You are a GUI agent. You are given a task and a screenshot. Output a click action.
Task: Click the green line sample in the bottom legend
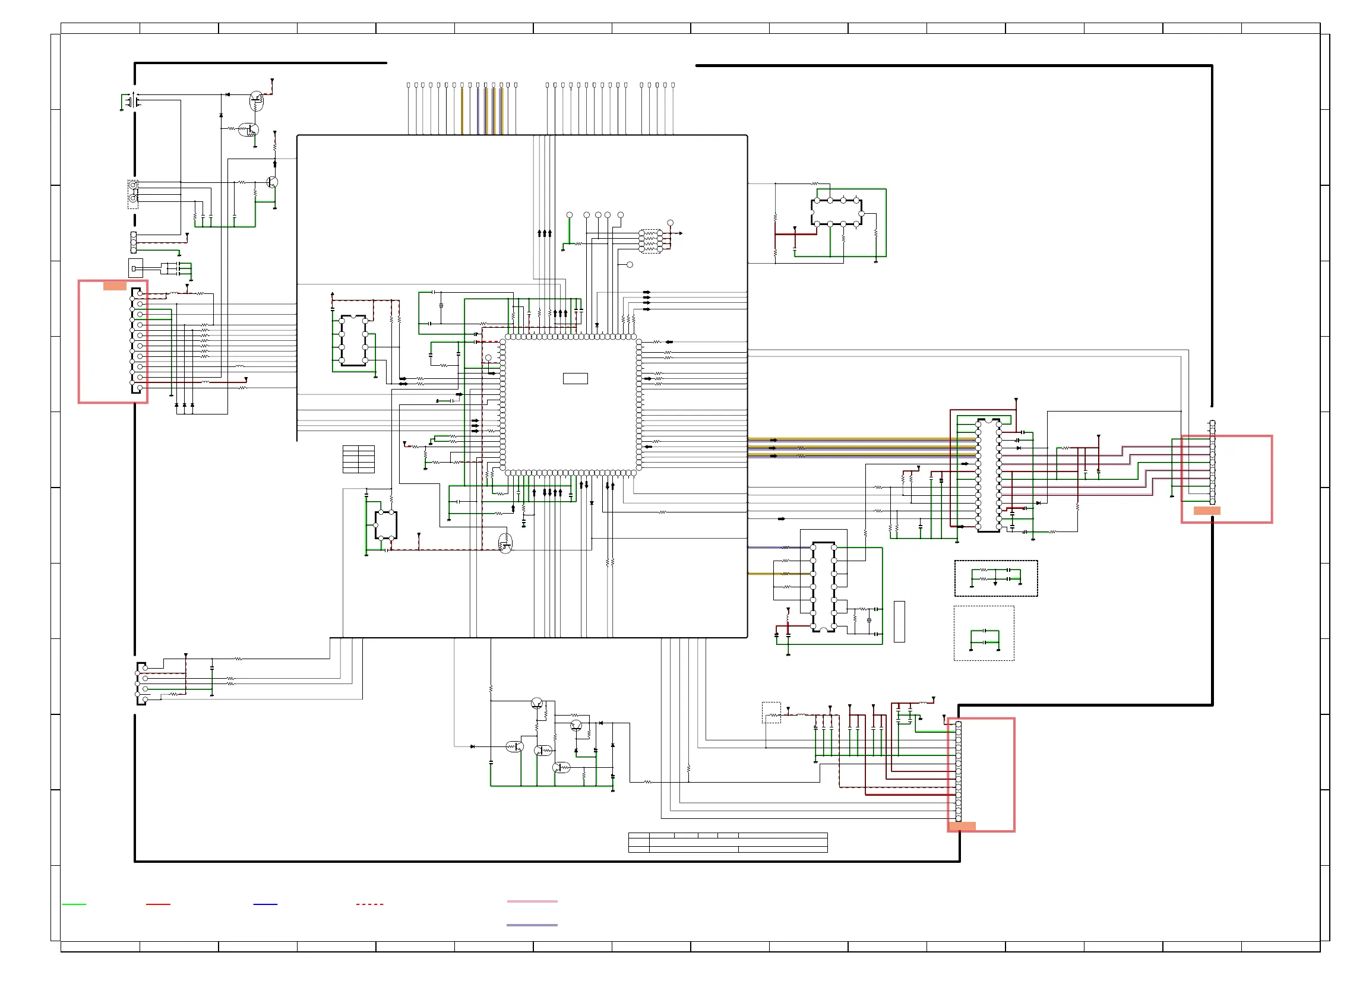pos(74,904)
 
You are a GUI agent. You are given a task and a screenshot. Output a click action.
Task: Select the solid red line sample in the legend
pos(158,904)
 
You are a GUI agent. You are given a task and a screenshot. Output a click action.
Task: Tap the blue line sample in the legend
pos(265,904)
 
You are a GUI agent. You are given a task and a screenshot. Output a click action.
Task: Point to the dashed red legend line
pos(369,904)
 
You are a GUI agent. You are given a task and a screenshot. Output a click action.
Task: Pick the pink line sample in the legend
pos(532,901)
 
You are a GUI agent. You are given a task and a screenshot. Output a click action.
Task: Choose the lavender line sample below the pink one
pos(532,925)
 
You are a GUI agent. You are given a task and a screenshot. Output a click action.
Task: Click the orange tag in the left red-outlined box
pos(115,286)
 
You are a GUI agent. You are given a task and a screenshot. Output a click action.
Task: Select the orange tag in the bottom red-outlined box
pos(962,825)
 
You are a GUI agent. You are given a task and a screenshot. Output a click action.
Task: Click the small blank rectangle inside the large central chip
pos(574,378)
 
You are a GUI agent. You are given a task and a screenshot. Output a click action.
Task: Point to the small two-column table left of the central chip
pos(358,459)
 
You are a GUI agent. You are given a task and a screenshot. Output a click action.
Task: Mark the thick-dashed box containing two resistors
pos(995,578)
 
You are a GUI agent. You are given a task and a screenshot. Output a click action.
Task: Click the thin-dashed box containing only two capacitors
pos(983,632)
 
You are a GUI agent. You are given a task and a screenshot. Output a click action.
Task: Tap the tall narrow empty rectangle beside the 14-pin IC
pos(899,621)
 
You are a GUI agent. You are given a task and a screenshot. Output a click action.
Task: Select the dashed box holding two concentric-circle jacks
pos(132,194)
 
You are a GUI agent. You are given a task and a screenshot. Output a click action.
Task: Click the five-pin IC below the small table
pos(385,525)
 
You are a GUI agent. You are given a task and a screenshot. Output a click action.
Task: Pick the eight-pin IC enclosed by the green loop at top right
pos(836,212)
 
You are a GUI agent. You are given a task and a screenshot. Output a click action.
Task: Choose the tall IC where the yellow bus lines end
pos(988,475)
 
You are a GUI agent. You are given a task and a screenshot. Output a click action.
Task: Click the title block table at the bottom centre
pos(727,842)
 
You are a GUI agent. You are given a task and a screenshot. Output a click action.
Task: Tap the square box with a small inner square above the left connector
pos(135,268)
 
